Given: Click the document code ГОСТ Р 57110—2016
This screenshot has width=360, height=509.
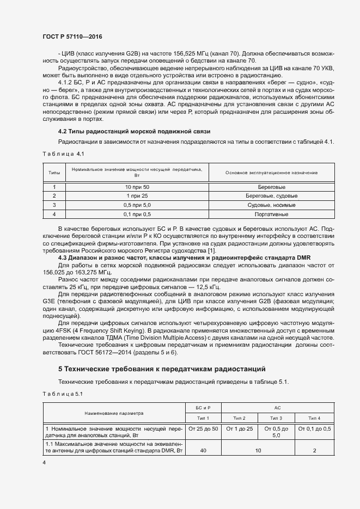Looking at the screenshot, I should [72, 36].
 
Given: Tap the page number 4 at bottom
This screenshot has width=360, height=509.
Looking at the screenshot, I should [44, 462].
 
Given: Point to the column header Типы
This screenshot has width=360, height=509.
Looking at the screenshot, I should [54, 173].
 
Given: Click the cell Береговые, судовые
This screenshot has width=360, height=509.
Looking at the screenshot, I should [271, 195].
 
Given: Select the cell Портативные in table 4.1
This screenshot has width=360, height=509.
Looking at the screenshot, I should [271, 214].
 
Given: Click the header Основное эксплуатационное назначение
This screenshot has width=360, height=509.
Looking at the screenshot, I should [271, 173].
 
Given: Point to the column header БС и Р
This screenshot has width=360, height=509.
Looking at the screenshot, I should [203, 408].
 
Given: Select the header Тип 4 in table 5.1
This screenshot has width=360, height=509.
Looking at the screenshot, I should [314, 418].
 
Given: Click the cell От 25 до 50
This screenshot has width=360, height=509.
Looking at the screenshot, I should [203, 429].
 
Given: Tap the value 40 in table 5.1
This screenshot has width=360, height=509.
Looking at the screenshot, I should [203, 451].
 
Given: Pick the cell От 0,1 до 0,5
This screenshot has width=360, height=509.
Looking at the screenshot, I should [314, 429].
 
